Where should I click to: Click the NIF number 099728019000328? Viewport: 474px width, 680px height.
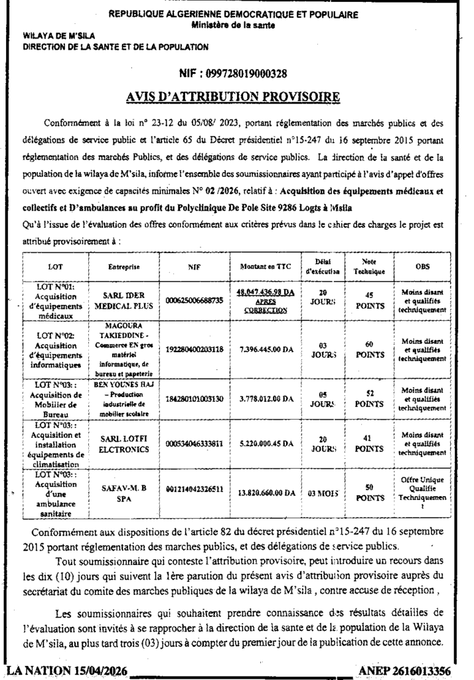pyautogui.click(x=233, y=74)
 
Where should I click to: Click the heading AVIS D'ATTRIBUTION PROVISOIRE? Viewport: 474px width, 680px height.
pyautogui.click(x=233, y=97)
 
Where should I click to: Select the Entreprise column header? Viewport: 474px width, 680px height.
pyautogui.click(x=123, y=266)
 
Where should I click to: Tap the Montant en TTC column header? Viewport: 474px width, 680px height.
pyautogui.click(x=262, y=266)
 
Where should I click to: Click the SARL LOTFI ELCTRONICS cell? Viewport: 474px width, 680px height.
pyautogui.click(x=123, y=444)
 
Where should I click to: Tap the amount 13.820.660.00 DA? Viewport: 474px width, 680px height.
pyautogui.click(x=262, y=493)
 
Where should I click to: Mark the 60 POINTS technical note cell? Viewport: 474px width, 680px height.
pyautogui.click(x=369, y=349)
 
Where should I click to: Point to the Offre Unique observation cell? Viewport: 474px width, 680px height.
pyautogui.click(x=422, y=492)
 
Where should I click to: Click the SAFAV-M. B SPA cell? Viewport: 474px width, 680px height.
pyautogui.click(x=123, y=493)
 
